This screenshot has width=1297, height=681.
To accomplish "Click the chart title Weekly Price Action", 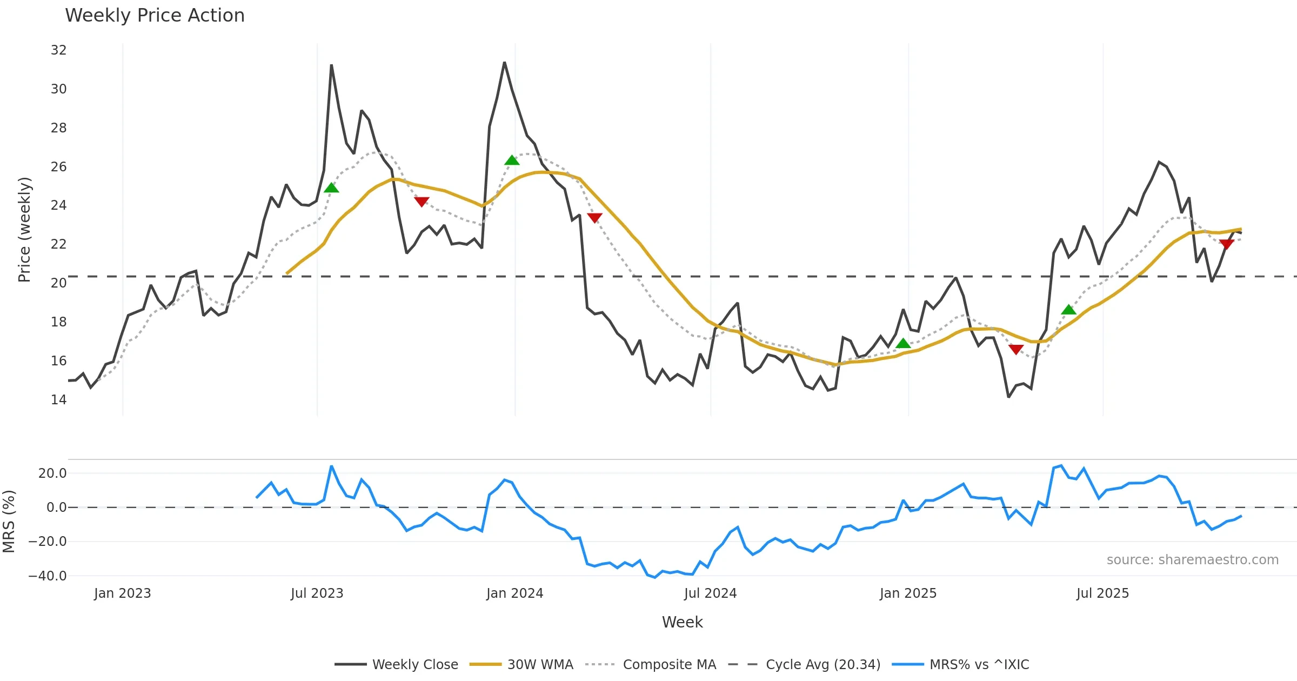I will pyautogui.click(x=155, y=16).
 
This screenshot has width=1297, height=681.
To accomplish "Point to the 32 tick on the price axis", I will pyautogui.click(x=58, y=50).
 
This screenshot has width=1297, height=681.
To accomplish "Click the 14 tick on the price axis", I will pyautogui.click(x=58, y=400).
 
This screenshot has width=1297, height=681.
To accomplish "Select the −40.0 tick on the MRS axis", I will pyautogui.click(x=48, y=576).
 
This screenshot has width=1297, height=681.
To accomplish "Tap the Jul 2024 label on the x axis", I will pyautogui.click(x=710, y=593).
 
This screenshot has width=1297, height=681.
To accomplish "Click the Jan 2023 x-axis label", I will pyautogui.click(x=122, y=593).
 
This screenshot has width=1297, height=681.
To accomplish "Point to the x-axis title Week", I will pyautogui.click(x=682, y=623).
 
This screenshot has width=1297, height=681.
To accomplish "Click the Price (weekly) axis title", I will pyautogui.click(x=24, y=230).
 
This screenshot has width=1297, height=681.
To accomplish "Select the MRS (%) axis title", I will pyautogui.click(x=9, y=522).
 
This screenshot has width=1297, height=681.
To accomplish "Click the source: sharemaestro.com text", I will pyautogui.click(x=1192, y=560).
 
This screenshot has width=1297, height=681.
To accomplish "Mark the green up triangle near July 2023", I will pyautogui.click(x=331, y=188).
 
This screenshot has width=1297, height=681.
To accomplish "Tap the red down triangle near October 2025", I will pyautogui.click(x=1226, y=244).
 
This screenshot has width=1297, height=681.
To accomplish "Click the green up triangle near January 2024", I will pyautogui.click(x=512, y=160).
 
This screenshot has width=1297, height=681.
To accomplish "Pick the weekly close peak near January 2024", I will pyautogui.click(x=504, y=63).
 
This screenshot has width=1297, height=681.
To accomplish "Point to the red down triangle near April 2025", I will pyautogui.click(x=1016, y=350).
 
